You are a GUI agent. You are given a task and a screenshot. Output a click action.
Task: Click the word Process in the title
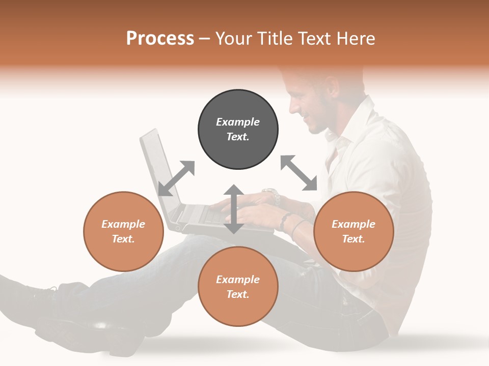[160, 39]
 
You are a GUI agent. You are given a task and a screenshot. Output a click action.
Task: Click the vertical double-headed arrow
[234, 209]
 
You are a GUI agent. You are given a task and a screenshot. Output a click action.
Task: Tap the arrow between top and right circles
[299, 173]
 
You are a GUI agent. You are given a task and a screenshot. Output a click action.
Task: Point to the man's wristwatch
[272, 195]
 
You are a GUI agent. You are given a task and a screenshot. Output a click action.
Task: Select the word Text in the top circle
[237, 137]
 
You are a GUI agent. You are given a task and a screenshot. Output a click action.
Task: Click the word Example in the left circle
[123, 224]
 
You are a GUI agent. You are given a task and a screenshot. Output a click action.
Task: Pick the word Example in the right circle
[354, 224]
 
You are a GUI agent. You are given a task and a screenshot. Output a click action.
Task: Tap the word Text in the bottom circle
[237, 294]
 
